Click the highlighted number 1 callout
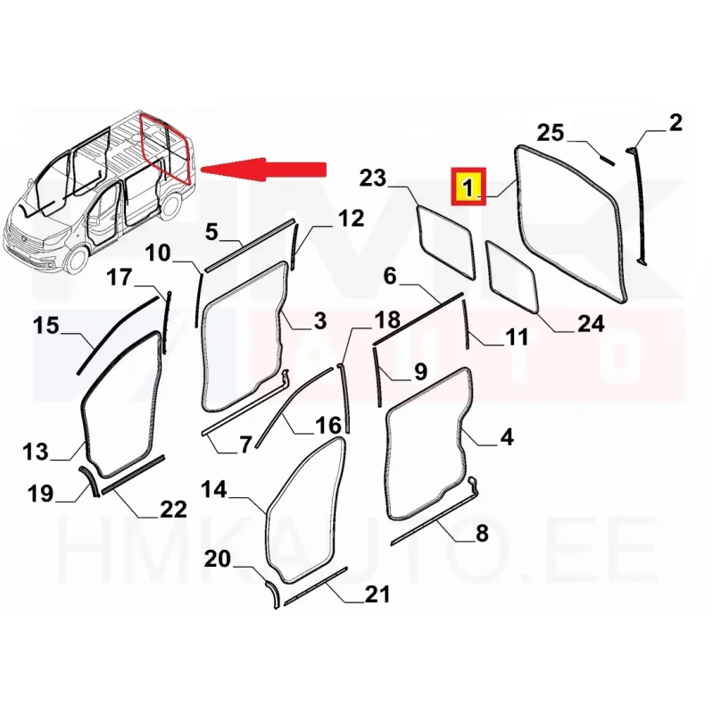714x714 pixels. pyautogui.click(x=469, y=187)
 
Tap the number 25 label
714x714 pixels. pyautogui.click(x=551, y=132)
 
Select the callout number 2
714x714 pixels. pyautogui.click(x=676, y=123)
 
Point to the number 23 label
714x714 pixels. pyautogui.click(x=372, y=178)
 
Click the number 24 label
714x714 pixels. pyautogui.click(x=591, y=323)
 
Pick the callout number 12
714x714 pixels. pyautogui.click(x=351, y=219)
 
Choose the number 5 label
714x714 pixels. pyautogui.click(x=212, y=232)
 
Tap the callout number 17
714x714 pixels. pyautogui.click(x=120, y=277)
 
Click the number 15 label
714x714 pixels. pyautogui.click(x=46, y=326)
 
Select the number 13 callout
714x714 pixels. pyautogui.click(x=35, y=452)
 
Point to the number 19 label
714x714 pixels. pyautogui.click(x=40, y=494)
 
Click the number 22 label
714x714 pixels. pyautogui.click(x=173, y=509)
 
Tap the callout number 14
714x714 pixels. pyautogui.click(x=213, y=489)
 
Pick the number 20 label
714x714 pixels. pyautogui.click(x=218, y=559)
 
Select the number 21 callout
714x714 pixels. pyautogui.click(x=378, y=594)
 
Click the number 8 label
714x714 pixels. pyautogui.click(x=482, y=533)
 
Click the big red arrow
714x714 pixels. pyautogui.click(x=263, y=170)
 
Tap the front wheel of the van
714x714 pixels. pyautogui.click(x=76, y=261)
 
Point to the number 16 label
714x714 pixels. pyautogui.click(x=328, y=426)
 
